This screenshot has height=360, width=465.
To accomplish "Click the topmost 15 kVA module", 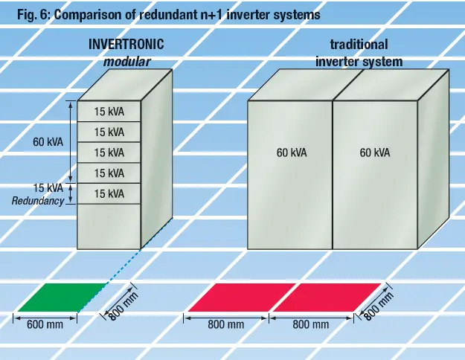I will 109,112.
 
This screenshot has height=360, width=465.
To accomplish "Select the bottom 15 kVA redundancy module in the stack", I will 109,194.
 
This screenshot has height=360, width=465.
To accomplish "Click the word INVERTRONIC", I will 126,45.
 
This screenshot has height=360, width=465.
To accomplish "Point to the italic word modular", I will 127,62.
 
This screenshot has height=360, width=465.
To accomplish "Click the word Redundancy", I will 38,202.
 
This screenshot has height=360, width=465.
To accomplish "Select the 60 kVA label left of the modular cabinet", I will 48,141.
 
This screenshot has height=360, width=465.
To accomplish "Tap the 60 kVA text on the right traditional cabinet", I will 375,153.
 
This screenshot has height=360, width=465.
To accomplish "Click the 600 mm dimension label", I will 45,325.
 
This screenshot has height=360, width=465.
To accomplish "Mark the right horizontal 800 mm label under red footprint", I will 310,325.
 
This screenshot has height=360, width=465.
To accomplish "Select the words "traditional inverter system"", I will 359,54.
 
